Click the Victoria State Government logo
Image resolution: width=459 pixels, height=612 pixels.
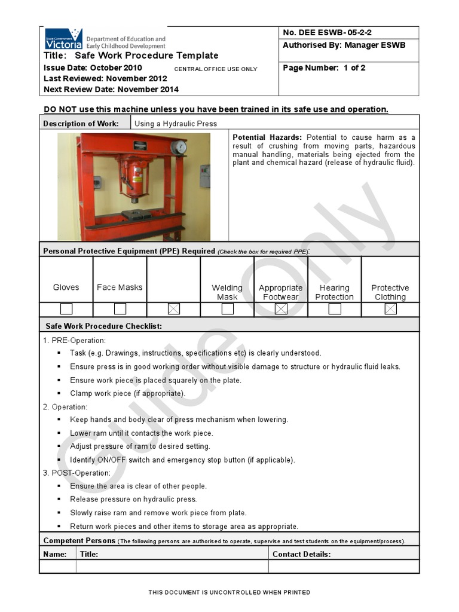coord(63,39)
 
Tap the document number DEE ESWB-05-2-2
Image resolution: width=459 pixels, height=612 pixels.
coord(331,33)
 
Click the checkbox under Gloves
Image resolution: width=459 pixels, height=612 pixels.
coord(66,309)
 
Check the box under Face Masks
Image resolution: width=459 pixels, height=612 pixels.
coord(120,309)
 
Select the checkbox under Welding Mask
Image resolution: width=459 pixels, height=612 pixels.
coord(228,309)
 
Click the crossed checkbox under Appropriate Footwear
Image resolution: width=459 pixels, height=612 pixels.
coord(281,309)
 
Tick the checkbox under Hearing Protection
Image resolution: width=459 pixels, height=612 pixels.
coord(335,309)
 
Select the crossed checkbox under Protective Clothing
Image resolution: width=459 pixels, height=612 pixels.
coord(390,309)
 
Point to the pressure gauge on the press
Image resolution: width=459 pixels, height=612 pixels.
coord(178,147)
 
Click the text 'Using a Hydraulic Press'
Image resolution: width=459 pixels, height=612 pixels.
coord(176,124)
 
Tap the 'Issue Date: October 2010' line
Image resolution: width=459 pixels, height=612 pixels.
coord(93,68)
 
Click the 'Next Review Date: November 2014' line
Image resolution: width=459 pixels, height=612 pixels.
coord(111,90)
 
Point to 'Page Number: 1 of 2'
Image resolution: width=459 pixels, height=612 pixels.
coord(324,68)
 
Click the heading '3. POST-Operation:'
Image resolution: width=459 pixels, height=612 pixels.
coord(76,473)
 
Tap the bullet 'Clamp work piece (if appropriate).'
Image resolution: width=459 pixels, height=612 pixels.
coord(127,393)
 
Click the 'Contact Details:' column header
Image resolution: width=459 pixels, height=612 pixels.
coord(301,554)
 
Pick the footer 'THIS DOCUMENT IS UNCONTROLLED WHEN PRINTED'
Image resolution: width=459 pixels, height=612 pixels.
coord(229,592)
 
